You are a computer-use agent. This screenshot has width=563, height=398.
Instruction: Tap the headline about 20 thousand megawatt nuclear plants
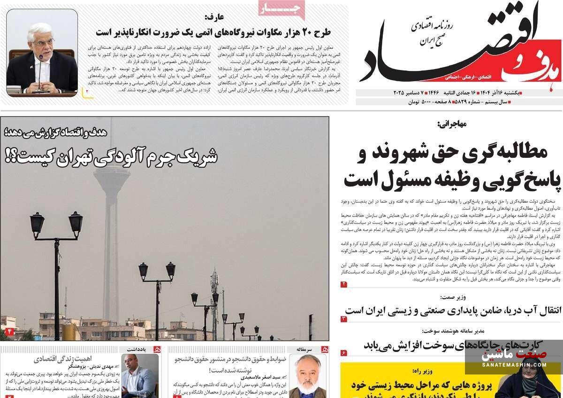tap(213, 32)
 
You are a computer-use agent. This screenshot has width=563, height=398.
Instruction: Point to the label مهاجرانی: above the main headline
tap(451, 124)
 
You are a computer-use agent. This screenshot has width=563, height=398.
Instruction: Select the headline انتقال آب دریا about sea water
tap(453, 311)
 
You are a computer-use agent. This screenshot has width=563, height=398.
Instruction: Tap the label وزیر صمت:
tap(453, 297)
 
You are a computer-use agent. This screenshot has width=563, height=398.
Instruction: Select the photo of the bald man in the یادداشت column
tap(139, 376)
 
